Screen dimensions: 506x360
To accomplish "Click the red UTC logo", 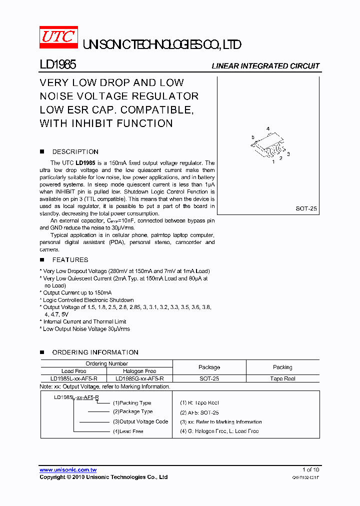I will [58, 38].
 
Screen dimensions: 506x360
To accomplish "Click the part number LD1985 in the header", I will [57, 65].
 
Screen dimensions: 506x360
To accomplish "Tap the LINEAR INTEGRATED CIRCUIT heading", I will [265, 66].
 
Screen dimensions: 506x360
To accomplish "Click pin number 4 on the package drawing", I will [268, 129].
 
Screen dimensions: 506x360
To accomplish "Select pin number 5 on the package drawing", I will [253, 137].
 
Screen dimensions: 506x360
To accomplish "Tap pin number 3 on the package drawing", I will [288, 154].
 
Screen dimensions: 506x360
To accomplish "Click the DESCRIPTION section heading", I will [75, 151].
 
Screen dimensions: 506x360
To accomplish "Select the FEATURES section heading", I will [70, 259].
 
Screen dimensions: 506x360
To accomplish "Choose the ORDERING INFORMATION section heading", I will [95, 352].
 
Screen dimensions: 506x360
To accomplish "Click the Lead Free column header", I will [73, 371].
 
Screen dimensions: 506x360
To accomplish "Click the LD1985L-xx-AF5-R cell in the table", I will [73, 378].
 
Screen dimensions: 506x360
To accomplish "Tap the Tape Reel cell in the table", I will [282, 378].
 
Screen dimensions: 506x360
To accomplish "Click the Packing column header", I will [282, 367].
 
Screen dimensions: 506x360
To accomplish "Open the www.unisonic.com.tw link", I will [68, 470].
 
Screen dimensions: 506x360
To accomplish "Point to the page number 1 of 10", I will [310, 469].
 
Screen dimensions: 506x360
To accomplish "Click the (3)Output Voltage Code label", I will [140, 421].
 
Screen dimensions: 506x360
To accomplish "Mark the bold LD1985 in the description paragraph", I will [85, 163].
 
